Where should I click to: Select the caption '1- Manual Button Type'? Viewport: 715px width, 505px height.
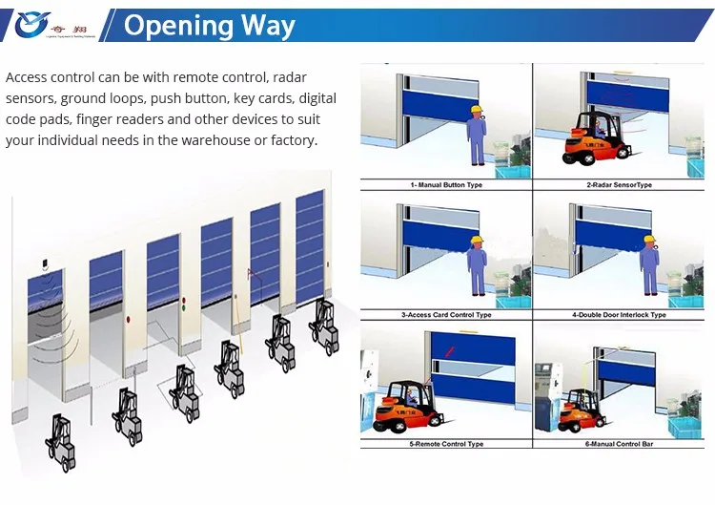click(x=446, y=184)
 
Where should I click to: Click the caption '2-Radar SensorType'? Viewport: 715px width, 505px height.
click(x=620, y=184)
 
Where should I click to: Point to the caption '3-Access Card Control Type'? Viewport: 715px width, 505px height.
click(x=446, y=314)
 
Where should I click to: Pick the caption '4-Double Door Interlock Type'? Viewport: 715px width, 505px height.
click(x=620, y=314)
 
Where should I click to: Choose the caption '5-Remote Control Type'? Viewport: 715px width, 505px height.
click(x=446, y=444)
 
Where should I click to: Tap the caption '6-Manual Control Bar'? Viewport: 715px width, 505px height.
click(x=620, y=444)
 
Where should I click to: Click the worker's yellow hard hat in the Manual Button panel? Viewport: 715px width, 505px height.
click(x=476, y=108)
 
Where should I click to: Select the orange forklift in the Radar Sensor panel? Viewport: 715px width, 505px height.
click(x=591, y=138)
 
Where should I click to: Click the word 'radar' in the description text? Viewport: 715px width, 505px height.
click(x=308, y=77)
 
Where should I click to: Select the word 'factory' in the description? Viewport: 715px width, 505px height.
click(x=291, y=140)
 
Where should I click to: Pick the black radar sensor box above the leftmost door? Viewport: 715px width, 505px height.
click(x=45, y=257)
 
